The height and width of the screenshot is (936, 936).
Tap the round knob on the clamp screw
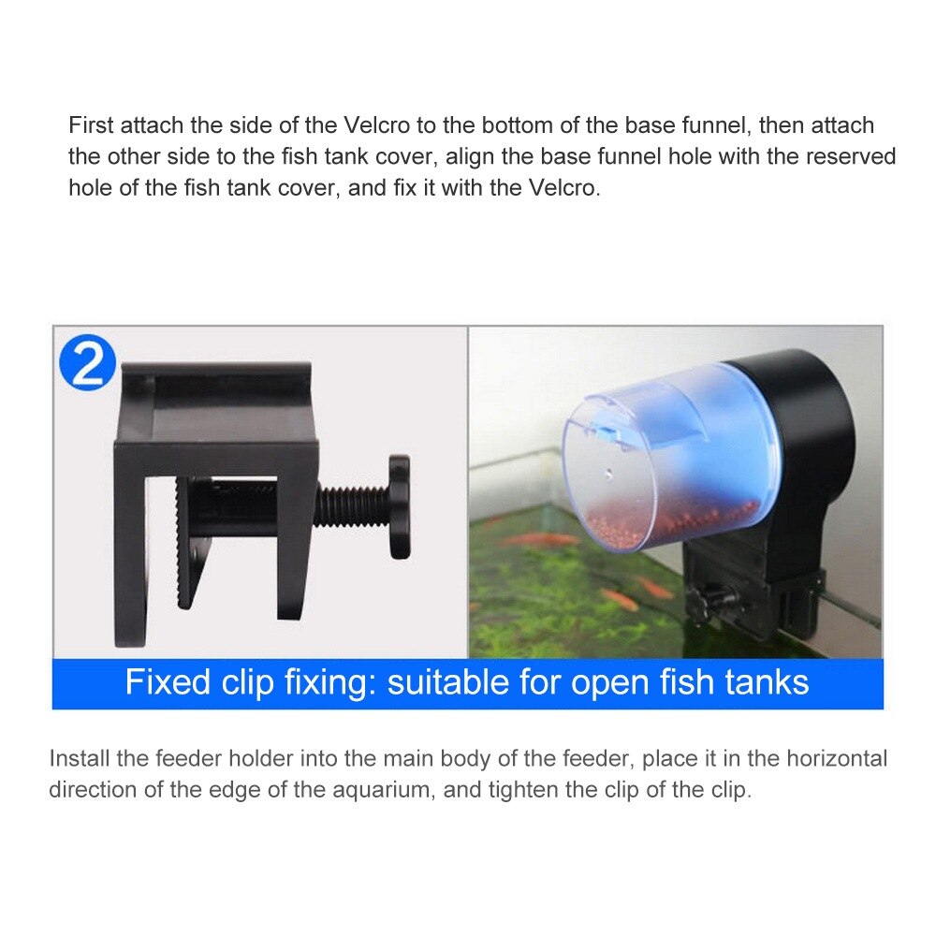[400, 506]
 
